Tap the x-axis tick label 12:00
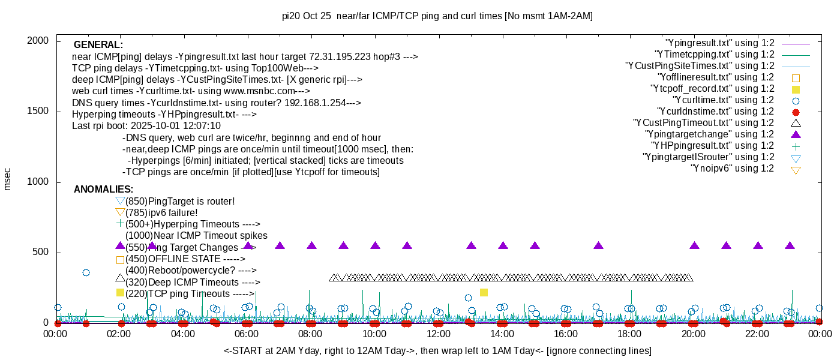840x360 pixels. point(439,335)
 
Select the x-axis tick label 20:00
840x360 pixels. point(694,335)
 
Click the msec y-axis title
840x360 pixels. point(8,178)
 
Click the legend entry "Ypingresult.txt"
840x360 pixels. point(719,43)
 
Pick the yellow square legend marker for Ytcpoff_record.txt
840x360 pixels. point(796,89)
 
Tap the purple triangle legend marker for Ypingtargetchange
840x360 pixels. point(796,134)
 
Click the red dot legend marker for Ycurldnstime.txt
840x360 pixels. point(796,112)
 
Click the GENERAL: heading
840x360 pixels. point(98,45)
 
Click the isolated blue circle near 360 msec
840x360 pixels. point(86,272)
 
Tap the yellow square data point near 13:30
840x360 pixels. point(484,292)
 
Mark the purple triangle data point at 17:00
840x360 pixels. point(598,245)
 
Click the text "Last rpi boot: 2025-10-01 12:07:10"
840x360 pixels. point(146,126)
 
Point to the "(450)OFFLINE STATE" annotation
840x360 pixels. point(185,259)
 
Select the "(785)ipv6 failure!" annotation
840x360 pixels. point(161,212)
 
